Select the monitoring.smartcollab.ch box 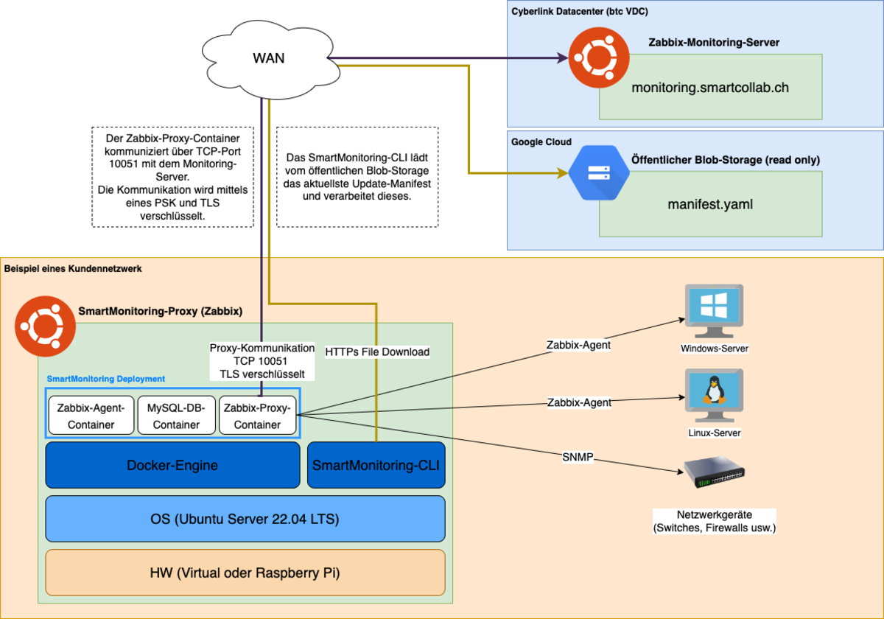(x=710, y=87)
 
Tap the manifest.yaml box (x=710, y=204)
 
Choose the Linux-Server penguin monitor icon (x=714, y=396)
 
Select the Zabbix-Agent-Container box (x=91, y=416)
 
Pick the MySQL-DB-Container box (x=176, y=416)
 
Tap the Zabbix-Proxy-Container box (x=258, y=416)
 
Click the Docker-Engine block (x=172, y=465)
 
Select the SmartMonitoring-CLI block (x=376, y=465)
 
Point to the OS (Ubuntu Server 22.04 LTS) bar (x=245, y=519)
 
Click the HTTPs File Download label (x=377, y=352)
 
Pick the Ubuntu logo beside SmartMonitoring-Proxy (x=42, y=324)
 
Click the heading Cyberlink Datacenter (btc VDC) (x=580, y=11)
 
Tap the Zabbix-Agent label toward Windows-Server (x=578, y=344)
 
